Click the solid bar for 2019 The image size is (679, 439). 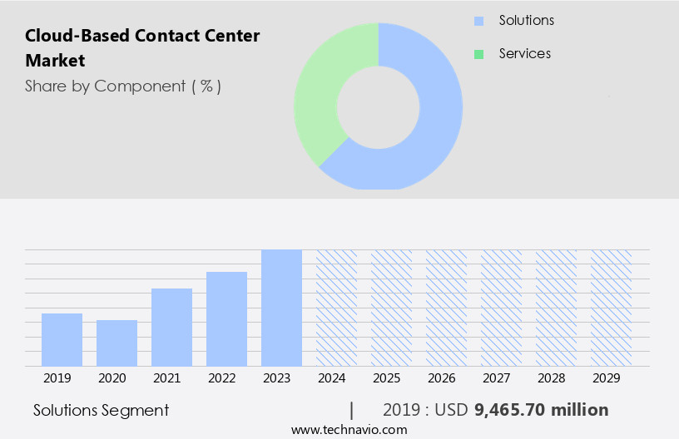(x=62, y=339)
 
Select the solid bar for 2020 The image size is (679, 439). (x=116, y=343)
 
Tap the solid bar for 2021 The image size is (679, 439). (x=171, y=327)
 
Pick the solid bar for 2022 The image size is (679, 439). (x=226, y=318)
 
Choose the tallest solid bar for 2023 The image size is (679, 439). (x=281, y=308)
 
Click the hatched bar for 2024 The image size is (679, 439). (x=336, y=308)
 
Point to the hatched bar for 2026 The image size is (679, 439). (x=446, y=308)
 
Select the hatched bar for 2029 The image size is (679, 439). (x=611, y=308)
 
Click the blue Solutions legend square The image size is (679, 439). (x=478, y=21)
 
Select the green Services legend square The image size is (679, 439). (x=478, y=54)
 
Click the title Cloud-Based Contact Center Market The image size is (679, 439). (x=142, y=47)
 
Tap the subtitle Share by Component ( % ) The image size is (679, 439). (x=123, y=86)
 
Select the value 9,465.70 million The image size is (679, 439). (x=541, y=410)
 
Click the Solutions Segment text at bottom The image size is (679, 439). (x=101, y=410)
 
